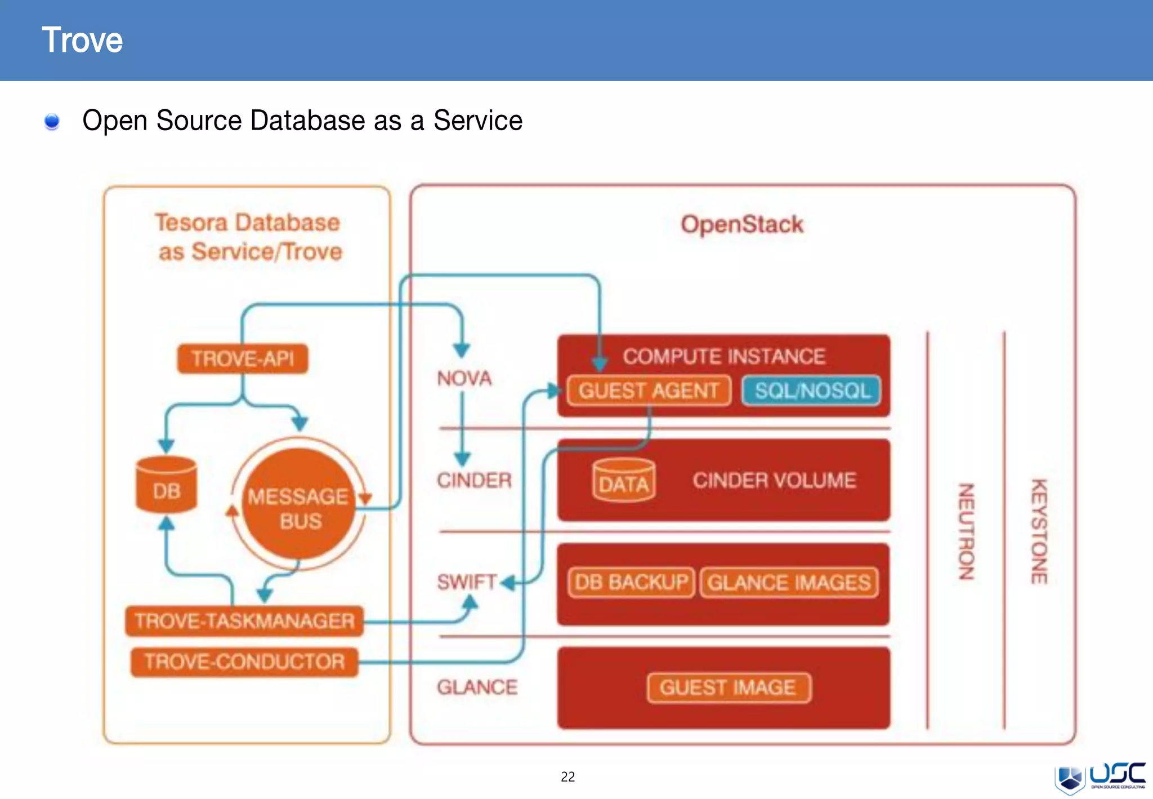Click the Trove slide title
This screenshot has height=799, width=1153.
[82, 40]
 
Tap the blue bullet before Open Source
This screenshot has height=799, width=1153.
[52, 121]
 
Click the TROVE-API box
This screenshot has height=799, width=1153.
[243, 358]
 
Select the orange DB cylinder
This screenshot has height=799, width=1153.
[167, 486]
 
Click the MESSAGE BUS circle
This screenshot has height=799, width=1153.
[299, 504]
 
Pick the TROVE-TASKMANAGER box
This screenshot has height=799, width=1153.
[244, 621]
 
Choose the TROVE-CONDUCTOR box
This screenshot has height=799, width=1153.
[244, 662]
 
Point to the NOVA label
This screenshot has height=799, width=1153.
[464, 378]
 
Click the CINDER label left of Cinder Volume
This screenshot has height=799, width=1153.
[474, 481]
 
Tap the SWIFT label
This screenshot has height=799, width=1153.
[467, 582]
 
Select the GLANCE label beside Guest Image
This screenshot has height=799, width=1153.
[477, 687]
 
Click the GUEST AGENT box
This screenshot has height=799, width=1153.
[649, 390]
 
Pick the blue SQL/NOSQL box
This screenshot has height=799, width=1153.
[811, 390]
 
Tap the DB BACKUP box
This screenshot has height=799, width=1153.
[631, 582]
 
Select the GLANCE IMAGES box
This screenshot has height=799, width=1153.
[789, 583]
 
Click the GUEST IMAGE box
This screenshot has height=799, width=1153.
[728, 687]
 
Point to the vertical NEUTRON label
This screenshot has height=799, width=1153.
[966, 531]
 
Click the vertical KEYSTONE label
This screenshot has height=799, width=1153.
[1039, 531]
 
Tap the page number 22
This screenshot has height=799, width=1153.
[567, 777]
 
